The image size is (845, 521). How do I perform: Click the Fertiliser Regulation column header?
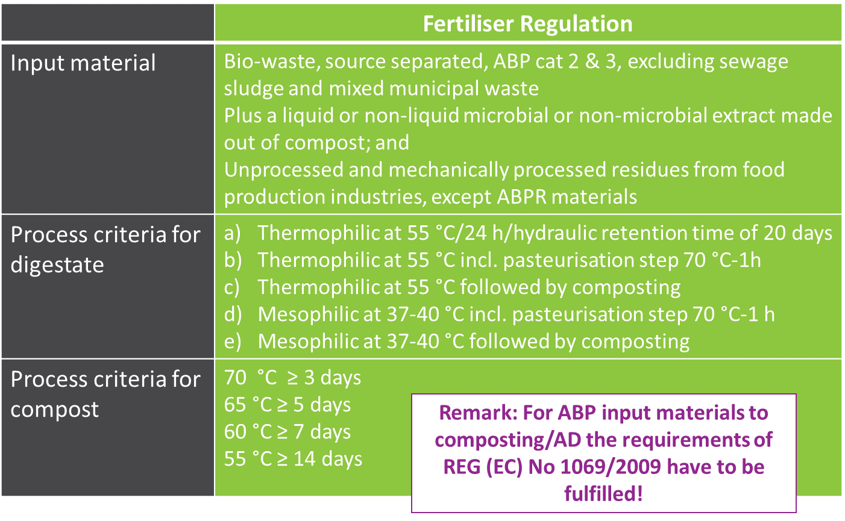pos(527,23)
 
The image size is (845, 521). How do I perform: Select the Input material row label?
pos(83,63)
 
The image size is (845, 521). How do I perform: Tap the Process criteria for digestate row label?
pos(105,249)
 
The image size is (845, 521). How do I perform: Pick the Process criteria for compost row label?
pos(105,394)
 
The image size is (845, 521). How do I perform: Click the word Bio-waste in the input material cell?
pos(272,61)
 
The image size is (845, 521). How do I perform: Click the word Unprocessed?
pos(283,170)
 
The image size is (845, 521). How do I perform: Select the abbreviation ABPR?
pos(522,197)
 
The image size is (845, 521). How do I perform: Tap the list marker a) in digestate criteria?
pos(233,233)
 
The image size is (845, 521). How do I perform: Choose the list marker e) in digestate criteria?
pos(233,342)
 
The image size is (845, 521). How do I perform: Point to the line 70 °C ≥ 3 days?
pos(292,378)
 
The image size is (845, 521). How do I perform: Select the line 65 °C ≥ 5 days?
pos(287,405)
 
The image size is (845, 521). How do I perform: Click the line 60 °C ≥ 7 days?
pos(287,432)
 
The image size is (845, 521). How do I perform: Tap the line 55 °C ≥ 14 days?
pos(293,459)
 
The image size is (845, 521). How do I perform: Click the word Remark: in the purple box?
pos(478,413)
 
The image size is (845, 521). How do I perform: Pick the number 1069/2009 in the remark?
pos(611,467)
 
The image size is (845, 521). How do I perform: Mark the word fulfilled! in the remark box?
pos(603,493)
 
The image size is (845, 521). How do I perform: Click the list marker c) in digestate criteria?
pos(232,287)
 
